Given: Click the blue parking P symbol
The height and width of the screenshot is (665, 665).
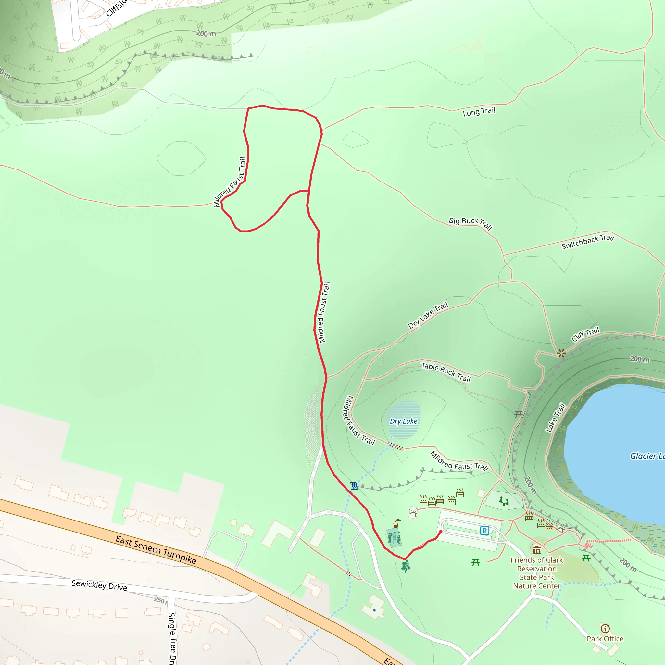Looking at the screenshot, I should pos(485,531).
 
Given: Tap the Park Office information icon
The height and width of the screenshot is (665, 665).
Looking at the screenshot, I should pos(605,629).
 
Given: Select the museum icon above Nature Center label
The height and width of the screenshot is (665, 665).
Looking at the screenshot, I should pos(537,550).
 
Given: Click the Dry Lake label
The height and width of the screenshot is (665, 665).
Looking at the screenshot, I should pos(403,421).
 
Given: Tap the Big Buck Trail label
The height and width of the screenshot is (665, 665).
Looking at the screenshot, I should pos(470,223).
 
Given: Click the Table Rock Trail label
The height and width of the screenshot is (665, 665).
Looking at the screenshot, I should pos(446,372).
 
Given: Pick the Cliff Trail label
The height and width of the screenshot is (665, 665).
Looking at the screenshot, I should pos(585,334).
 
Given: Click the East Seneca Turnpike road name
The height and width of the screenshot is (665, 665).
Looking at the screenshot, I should pos(156,550).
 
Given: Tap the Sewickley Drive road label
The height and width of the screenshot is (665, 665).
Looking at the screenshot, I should pos(99,585).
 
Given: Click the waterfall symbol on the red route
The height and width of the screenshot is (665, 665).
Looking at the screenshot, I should pos(354,486).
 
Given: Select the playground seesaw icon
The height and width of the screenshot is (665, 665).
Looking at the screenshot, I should pos(504,501).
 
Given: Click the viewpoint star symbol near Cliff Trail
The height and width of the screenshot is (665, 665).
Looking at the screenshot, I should pos(561,353).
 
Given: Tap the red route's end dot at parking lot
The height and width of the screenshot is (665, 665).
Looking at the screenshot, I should pos(441,532).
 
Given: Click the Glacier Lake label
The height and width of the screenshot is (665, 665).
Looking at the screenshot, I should pos(647,456).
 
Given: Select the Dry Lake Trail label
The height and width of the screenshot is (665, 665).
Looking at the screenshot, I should pos(428,315).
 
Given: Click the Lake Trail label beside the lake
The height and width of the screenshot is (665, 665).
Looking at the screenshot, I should pos(556,418).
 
